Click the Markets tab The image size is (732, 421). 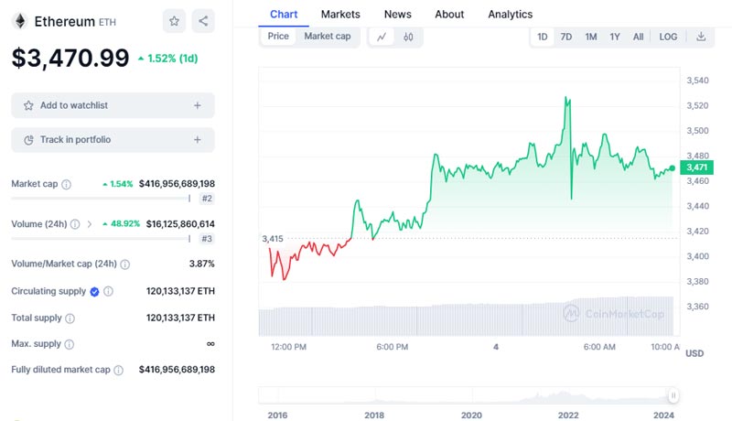coord(340,14)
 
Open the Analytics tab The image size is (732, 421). coord(510,14)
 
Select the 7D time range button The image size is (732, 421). coord(566,37)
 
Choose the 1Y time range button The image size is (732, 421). coord(615,37)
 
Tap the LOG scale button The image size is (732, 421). coord(668,37)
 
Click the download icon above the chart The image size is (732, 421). coord(701,37)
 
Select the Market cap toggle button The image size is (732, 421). coord(327,37)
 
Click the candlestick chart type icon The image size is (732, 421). coord(408,37)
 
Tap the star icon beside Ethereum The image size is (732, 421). coord(174,20)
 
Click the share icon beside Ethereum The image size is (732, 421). coord(203,20)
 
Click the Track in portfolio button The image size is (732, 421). coord(113,140)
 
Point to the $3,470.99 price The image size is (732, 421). coord(70,58)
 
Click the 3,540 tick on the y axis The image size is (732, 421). coord(697,81)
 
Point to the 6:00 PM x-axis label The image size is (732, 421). coord(392,347)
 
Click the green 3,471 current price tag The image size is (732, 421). coord(697,167)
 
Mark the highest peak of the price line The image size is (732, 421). coord(567,97)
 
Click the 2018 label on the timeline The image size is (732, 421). coord(374,415)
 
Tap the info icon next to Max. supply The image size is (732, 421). coord(70,344)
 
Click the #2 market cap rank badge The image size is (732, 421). coord(207,199)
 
